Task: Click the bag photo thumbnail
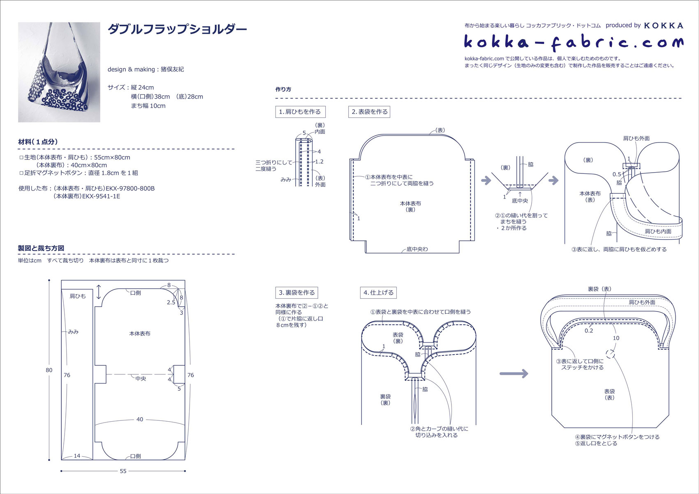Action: [59, 72]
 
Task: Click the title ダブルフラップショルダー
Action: [177, 29]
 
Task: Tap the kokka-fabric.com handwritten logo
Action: [573, 42]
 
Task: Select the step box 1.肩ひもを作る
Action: [300, 112]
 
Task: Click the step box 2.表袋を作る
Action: [369, 112]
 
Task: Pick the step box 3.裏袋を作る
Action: [296, 293]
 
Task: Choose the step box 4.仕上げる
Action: [378, 293]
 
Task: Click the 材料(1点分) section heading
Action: [38, 142]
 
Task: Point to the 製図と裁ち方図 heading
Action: [41, 248]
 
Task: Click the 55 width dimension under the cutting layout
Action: [123, 471]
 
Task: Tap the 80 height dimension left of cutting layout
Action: [49, 370]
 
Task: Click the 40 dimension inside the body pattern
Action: [140, 419]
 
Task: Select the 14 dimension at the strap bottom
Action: [77, 456]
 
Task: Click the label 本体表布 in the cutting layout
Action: [140, 334]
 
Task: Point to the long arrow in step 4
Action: [514, 374]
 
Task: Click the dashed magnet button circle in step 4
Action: [611, 354]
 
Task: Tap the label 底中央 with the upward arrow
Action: [520, 201]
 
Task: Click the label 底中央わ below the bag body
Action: [417, 249]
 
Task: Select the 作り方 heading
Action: [283, 89]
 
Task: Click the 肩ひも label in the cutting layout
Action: [78, 296]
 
